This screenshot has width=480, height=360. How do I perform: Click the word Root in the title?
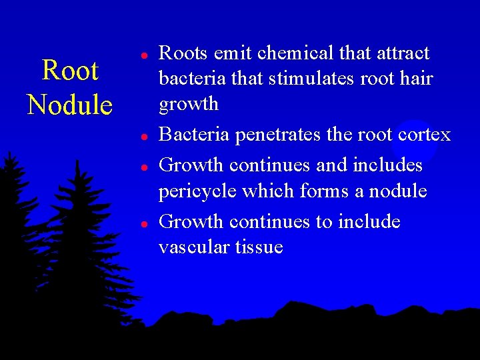tap(69, 71)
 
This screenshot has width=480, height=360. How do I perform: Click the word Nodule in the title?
tap(69, 105)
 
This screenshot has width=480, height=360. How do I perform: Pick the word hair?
tap(417, 79)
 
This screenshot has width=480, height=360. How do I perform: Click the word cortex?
tap(423, 135)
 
